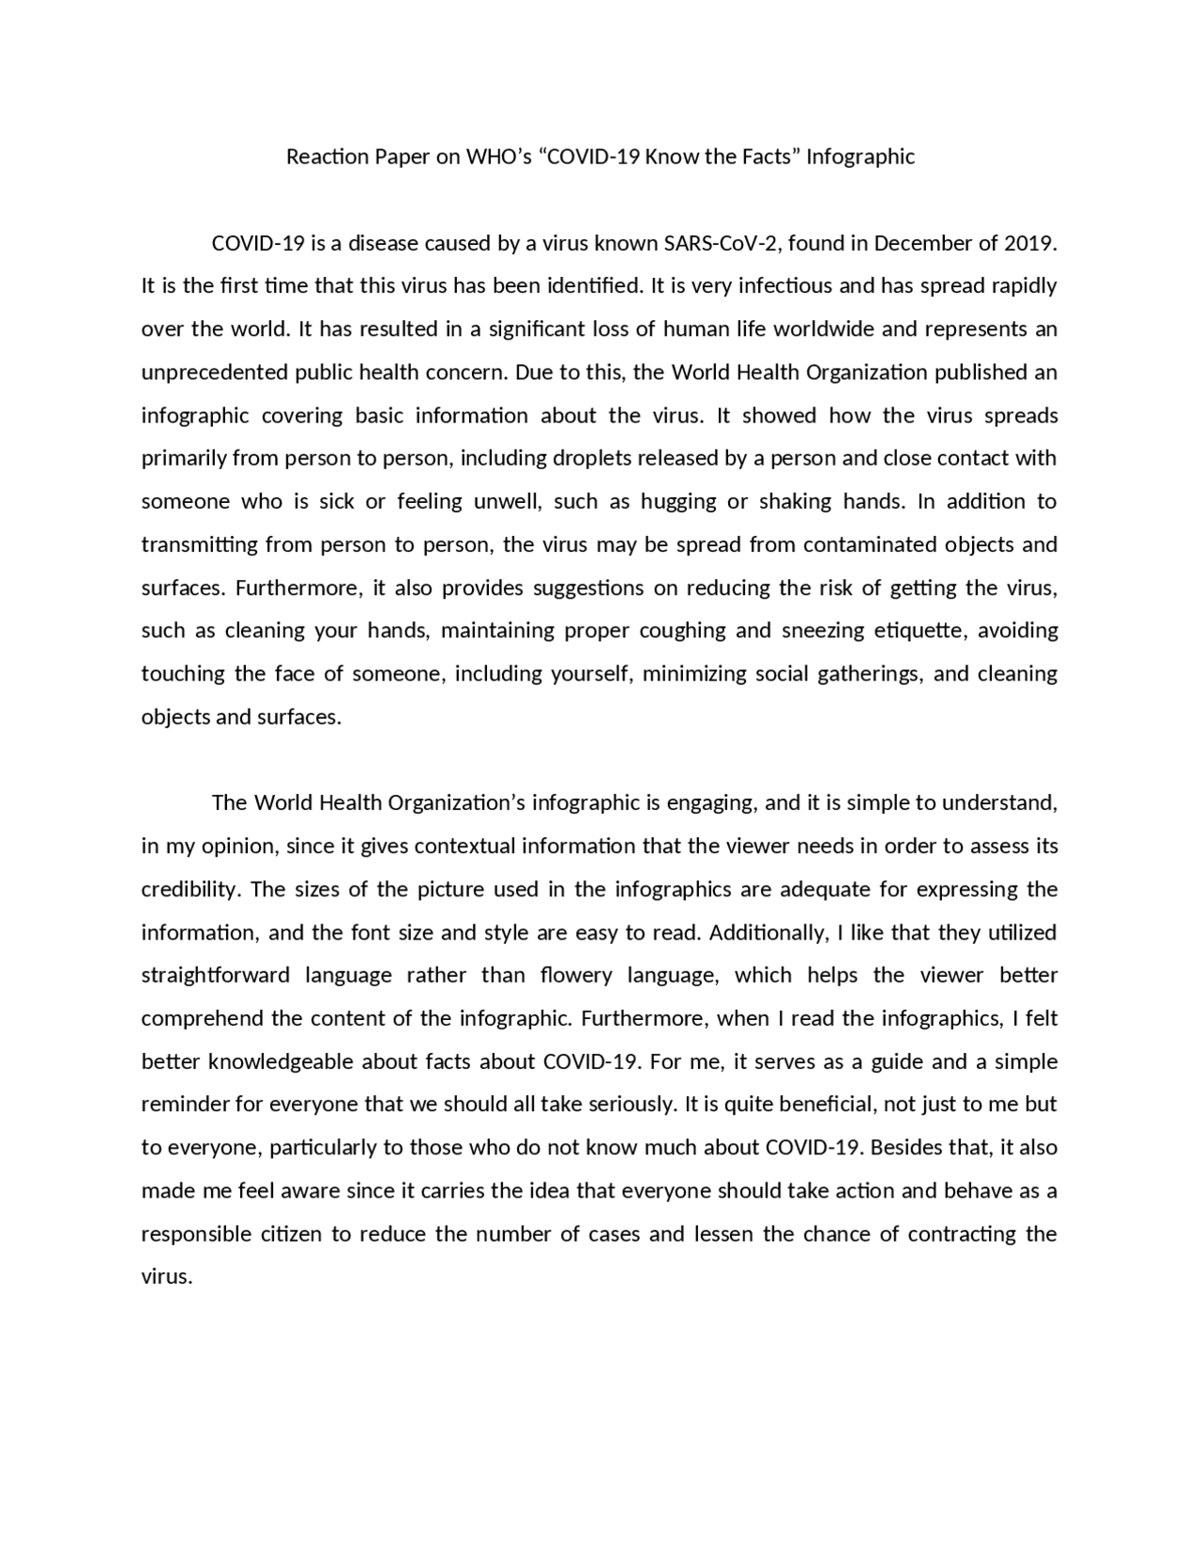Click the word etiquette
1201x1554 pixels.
[x=919, y=631]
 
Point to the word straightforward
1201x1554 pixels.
[x=216, y=976]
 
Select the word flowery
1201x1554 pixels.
[x=581, y=976]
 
